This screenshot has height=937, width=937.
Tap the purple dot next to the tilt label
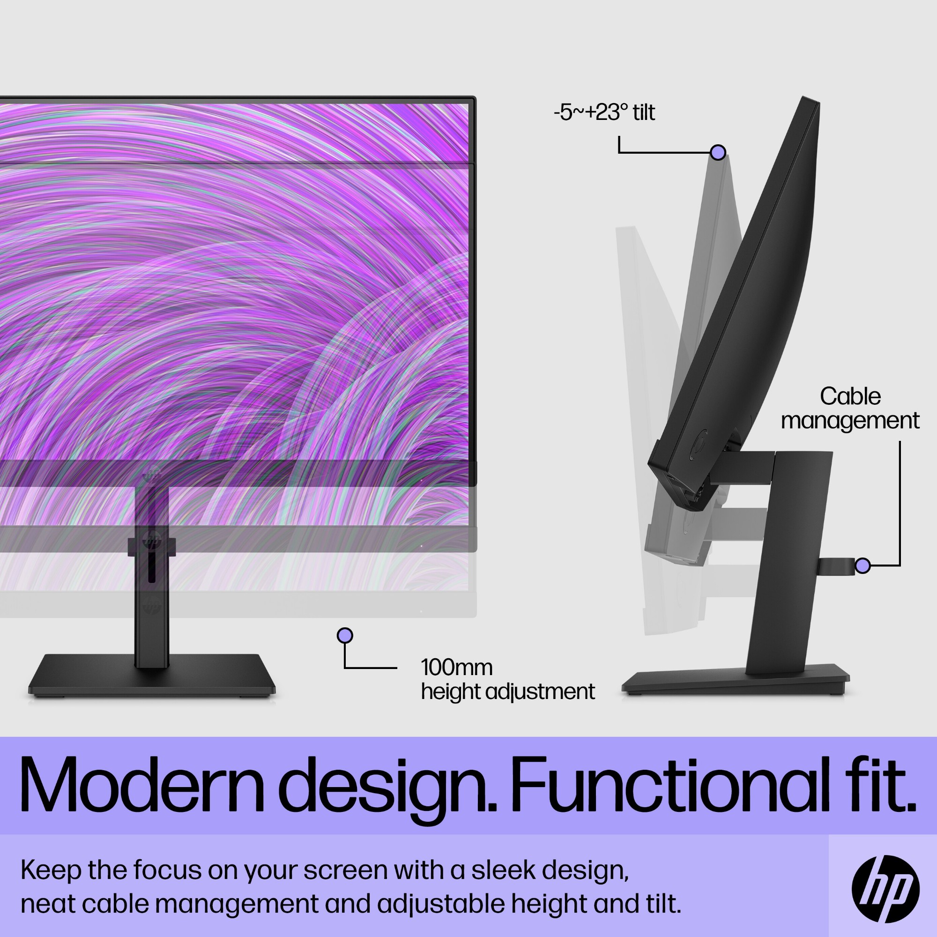click(x=718, y=152)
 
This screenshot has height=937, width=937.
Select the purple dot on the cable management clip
click(x=862, y=565)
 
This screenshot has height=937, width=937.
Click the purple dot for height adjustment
click(x=345, y=635)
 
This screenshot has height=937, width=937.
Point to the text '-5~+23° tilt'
click(x=604, y=112)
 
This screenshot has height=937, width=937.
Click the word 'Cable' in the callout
click(x=850, y=396)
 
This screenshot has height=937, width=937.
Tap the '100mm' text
click(x=456, y=668)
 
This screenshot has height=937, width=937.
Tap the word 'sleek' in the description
click(x=503, y=870)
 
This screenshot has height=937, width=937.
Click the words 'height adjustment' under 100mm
click(x=507, y=692)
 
